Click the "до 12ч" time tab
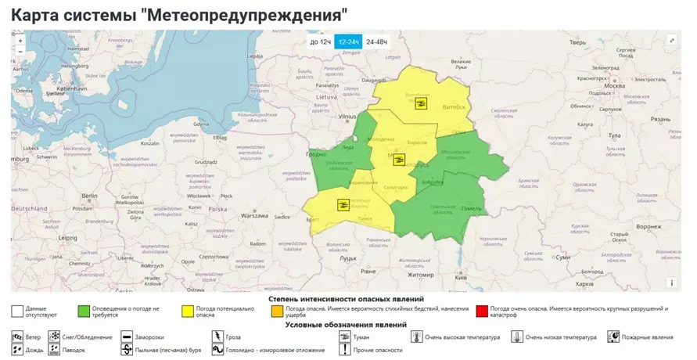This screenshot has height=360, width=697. tap(320, 41)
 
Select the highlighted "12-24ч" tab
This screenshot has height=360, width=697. tap(348, 41)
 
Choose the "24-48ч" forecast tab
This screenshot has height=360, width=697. tap(376, 41)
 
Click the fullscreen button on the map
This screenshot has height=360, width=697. tap(671, 41)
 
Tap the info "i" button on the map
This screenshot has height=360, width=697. tap(671, 283)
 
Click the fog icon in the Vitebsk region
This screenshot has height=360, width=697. tap(421, 104)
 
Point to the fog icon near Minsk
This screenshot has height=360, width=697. tap(399, 160)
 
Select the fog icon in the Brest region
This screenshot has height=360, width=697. tap(342, 205)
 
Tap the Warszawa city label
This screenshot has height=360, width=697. tap(255, 215)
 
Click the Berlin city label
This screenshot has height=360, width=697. tap(88, 196)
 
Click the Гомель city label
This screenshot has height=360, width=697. tap(471, 209)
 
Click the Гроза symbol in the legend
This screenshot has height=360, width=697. tap(216, 337)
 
